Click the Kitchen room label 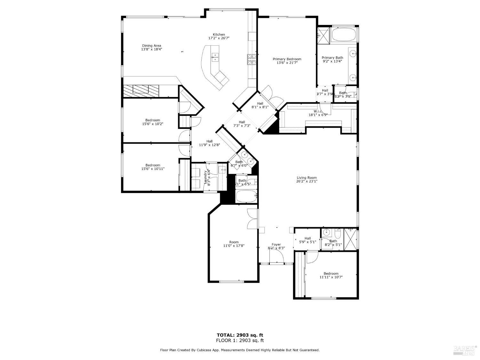(219, 35)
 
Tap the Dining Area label (152, 46)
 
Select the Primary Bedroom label (287, 59)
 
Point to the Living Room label (307, 178)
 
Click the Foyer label (276, 244)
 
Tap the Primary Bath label (332, 58)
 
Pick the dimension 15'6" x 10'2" (153, 124)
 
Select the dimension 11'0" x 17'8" (234, 246)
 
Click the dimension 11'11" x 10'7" (331, 277)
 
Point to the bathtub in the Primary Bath (344, 35)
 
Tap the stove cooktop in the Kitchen (251, 60)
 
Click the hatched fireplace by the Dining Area (141, 91)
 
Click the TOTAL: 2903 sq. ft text (240, 335)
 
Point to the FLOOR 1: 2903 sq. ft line (240, 340)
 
